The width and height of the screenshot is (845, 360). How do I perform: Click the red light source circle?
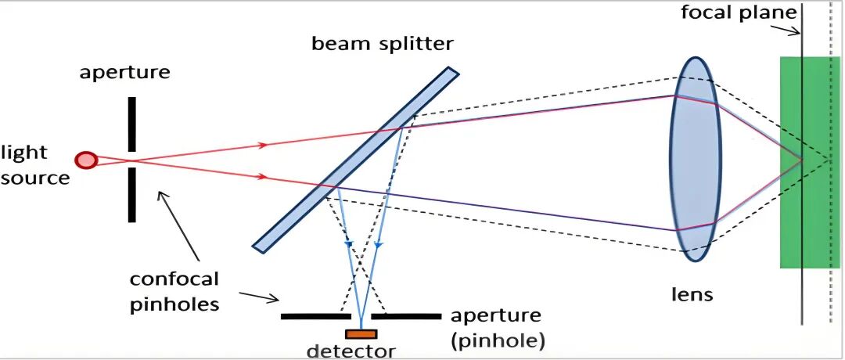(x=85, y=160)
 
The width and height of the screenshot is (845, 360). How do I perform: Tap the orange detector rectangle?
(x=361, y=334)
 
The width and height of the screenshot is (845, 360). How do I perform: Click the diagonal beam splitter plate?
(x=356, y=160)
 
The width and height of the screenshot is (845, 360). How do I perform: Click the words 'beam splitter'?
(x=383, y=43)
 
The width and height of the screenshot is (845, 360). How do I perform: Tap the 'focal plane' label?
(x=739, y=13)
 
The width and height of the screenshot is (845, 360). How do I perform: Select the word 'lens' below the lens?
(x=692, y=294)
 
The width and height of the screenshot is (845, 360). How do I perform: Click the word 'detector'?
(x=351, y=351)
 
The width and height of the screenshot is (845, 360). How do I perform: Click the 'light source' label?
(x=35, y=165)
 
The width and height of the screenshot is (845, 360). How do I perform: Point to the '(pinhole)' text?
(x=497, y=340)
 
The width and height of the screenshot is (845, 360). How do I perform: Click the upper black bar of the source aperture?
(x=132, y=124)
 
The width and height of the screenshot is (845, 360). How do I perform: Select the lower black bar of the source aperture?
(x=132, y=195)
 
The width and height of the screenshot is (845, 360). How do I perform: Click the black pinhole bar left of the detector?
(x=315, y=317)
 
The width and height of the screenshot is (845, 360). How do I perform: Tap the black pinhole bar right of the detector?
(x=406, y=317)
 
